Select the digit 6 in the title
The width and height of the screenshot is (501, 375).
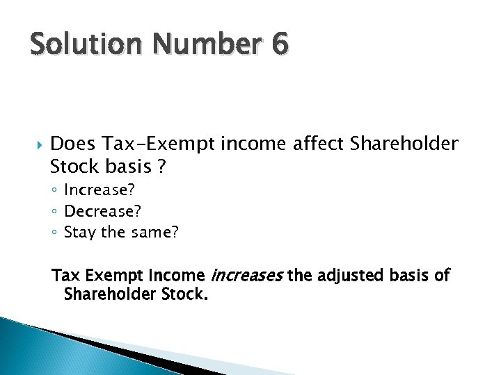(279, 46)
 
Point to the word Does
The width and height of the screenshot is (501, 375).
(73, 144)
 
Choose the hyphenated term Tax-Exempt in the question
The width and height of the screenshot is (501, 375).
(159, 144)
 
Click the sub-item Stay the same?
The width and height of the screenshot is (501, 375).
(121, 232)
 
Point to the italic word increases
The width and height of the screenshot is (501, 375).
(246, 276)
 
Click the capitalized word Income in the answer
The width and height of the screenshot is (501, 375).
(178, 276)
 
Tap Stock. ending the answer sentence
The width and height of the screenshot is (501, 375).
(186, 294)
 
